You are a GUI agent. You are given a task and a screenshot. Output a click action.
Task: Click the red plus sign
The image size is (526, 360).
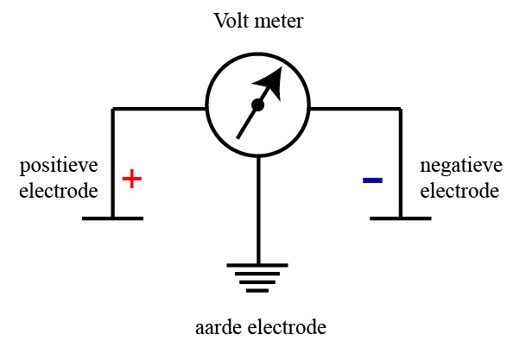tap(131, 179)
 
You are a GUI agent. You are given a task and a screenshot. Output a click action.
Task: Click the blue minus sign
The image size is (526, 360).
tap(372, 180)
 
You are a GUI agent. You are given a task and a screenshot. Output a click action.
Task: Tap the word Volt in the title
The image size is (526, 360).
tap(233, 21)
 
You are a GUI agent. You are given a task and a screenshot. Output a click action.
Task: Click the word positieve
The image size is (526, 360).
tap(59, 165)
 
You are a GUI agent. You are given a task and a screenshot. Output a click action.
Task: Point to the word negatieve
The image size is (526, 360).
tap(459, 165)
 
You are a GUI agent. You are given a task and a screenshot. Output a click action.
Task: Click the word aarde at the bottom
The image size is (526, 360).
tap(219, 328)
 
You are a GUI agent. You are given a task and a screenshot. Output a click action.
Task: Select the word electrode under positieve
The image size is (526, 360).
tap(59, 190)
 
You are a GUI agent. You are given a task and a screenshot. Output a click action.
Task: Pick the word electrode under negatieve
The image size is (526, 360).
tap(459, 190)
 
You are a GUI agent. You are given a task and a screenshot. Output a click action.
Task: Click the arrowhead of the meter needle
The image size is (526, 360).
tap(272, 81)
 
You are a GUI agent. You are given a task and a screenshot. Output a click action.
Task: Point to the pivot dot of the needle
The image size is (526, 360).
tap(257, 105)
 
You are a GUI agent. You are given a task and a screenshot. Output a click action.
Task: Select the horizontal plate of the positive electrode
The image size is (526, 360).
tap(113, 218)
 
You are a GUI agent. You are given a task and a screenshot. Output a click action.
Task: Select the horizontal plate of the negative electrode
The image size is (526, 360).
tap(401, 218)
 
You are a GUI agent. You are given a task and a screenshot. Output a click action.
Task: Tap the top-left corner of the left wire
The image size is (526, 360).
tap(113, 110)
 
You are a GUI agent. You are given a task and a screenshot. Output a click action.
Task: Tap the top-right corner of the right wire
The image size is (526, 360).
tap(401, 110)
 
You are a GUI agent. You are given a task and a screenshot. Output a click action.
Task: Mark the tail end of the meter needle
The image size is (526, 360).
tap(238, 136)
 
